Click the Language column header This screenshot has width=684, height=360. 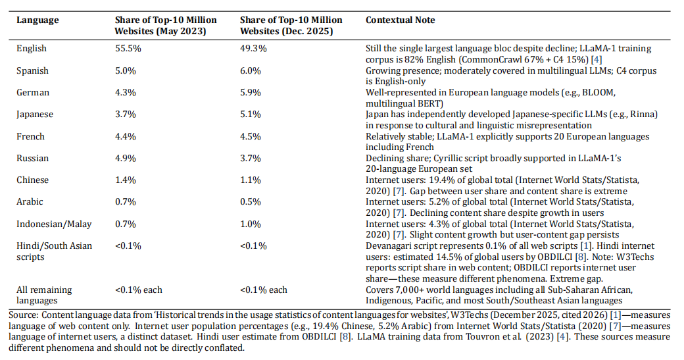point(37,20)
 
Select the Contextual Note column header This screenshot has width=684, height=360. point(400,20)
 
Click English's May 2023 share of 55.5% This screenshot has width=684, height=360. point(128,49)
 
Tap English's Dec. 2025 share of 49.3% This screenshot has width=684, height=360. point(253,49)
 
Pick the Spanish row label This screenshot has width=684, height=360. point(32,70)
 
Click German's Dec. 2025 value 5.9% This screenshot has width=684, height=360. point(251,93)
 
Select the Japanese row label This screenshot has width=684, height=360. point(35,115)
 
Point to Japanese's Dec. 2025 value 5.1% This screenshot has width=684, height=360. point(251,115)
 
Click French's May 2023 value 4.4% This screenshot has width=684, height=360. point(126,137)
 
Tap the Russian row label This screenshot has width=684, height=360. point(33,159)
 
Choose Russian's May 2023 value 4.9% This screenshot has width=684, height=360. point(126,159)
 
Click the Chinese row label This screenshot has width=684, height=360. point(33,180)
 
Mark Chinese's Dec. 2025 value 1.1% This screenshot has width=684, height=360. point(251,180)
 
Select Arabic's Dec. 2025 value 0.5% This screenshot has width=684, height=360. point(251,202)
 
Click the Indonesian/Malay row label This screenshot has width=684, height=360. point(54,224)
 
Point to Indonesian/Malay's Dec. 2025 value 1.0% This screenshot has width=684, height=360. point(251,224)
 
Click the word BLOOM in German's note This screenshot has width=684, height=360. point(600,93)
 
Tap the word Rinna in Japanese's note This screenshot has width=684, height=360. point(644,115)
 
